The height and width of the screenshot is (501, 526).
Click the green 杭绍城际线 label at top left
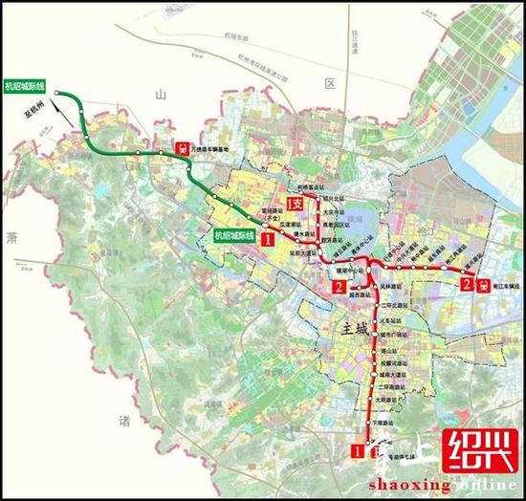pyautogui.click(x=30, y=83)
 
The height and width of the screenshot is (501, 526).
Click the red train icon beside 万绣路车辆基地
pyautogui.click(x=182, y=149)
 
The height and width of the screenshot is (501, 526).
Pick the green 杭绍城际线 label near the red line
pyautogui.click(x=235, y=234)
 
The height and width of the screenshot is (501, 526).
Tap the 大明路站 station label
pyautogui.click(x=387, y=402)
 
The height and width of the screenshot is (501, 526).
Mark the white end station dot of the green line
pyautogui.click(x=58, y=94)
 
